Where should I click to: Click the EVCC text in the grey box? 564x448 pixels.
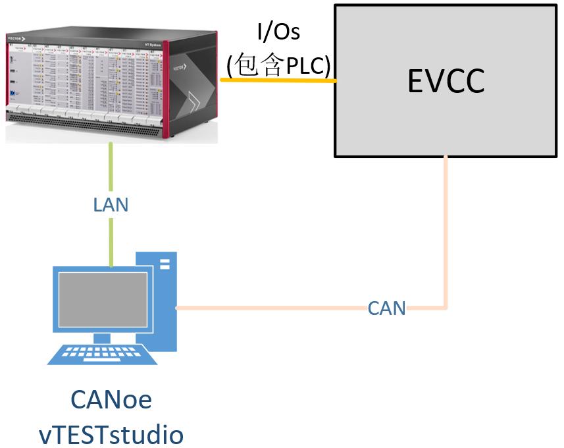446,82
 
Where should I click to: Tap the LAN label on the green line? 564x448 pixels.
111,204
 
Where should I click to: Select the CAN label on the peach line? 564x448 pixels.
386,308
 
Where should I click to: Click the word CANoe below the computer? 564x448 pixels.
111,400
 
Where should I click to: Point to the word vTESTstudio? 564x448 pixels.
111,434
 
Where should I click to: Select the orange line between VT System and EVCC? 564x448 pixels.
276,80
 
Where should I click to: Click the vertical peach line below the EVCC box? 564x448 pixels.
446,231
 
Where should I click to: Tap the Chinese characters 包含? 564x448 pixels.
259,65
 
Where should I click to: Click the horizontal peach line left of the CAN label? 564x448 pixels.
270,308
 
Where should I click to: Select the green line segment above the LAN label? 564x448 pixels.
111,168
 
